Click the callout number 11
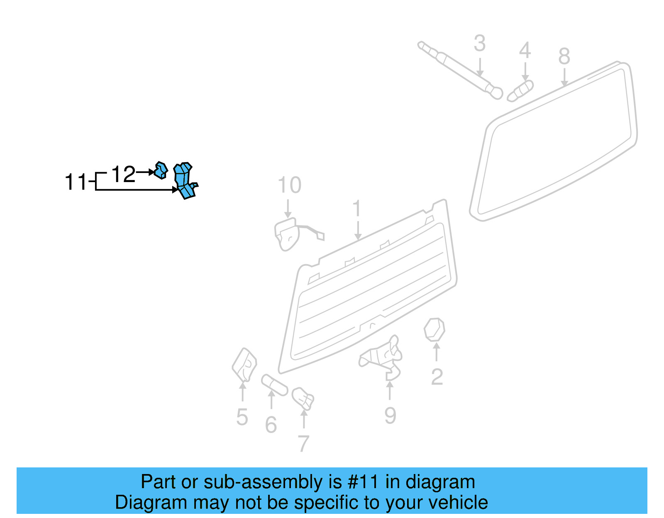pyautogui.click(x=76, y=182)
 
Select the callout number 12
pyautogui.click(x=123, y=174)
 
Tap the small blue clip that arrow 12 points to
pyautogui.click(x=161, y=170)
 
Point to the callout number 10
pyautogui.click(x=289, y=185)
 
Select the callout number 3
pyautogui.click(x=480, y=44)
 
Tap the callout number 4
pyautogui.click(x=525, y=51)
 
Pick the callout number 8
pyautogui.click(x=564, y=56)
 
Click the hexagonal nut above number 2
pyautogui.click(x=434, y=330)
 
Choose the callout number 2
pyautogui.click(x=437, y=377)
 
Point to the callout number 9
pyautogui.click(x=390, y=415)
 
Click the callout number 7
pyautogui.click(x=303, y=444)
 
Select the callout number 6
pyautogui.click(x=271, y=425)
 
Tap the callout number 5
pyautogui.click(x=242, y=417)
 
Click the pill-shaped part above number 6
pyautogui.click(x=274, y=385)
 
